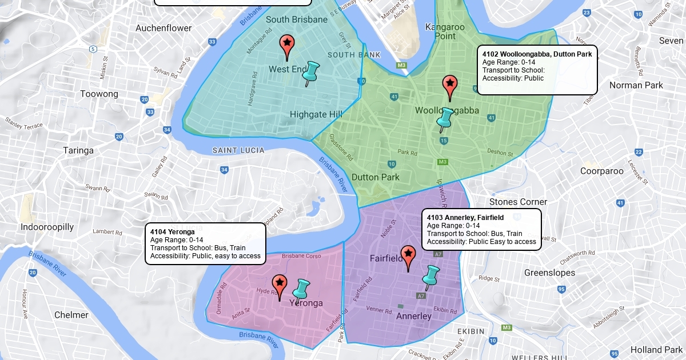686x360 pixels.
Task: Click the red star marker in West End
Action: click(x=286, y=45)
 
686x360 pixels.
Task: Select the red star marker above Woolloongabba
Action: click(x=450, y=85)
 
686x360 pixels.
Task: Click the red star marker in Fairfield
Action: click(x=408, y=255)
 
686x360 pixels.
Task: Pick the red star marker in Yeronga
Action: click(x=280, y=284)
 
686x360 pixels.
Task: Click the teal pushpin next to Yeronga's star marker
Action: click(x=301, y=289)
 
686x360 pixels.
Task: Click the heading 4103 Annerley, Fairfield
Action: click(x=465, y=218)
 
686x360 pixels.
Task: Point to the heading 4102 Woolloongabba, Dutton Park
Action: click(x=537, y=54)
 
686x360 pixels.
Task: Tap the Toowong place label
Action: click(x=99, y=94)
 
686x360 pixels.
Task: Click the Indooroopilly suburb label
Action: click(x=47, y=227)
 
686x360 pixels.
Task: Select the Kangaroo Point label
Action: click(x=445, y=31)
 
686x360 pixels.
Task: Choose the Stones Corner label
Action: click(x=518, y=202)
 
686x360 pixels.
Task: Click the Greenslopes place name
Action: click(x=549, y=273)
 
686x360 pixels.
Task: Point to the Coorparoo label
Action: click(x=601, y=171)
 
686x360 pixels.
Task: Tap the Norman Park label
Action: click(x=636, y=85)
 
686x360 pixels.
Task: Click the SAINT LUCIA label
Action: click(x=238, y=150)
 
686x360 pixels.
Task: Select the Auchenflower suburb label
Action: click(x=163, y=27)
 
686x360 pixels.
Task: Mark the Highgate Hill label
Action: click(x=316, y=114)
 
